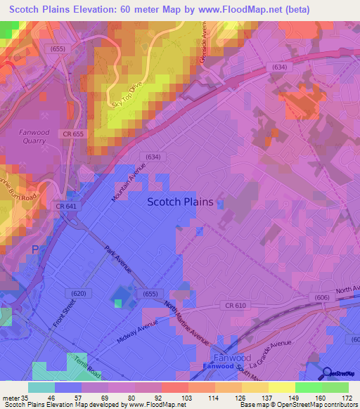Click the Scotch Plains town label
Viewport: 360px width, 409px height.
tap(180, 202)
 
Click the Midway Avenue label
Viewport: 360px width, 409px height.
tap(137, 335)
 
